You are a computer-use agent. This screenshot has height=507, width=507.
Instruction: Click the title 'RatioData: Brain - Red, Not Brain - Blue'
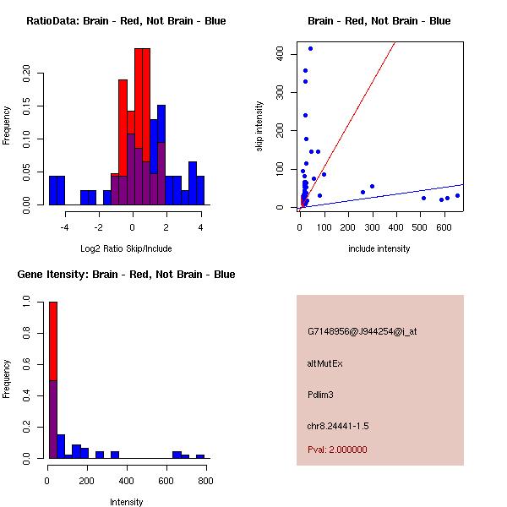click(x=126, y=21)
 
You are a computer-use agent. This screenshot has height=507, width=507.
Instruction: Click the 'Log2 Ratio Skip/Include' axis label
click(x=125, y=248)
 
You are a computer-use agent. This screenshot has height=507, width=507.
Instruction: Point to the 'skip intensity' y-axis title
click(x=259, y=127)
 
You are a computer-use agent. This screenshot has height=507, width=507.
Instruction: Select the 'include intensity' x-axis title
click(x=379, y=248)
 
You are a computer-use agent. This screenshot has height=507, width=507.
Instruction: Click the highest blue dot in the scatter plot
click(x=310, y=48)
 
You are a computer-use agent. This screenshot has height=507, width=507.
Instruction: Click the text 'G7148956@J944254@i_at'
click(x=362, y=332)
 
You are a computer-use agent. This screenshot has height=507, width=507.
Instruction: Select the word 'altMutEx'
click(x=324, y=363)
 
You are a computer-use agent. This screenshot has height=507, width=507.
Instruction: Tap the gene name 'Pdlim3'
click(x=322, y=395)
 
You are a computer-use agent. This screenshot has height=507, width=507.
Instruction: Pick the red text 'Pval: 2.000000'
click(x=337, y=450)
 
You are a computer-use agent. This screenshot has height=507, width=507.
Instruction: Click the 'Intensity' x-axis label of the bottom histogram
click(x=126, y=502)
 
